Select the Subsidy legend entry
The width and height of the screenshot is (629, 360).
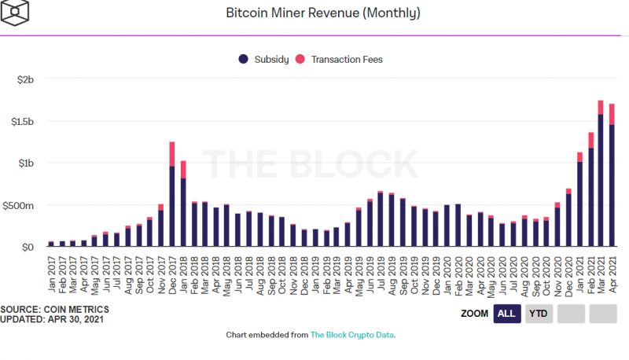267,59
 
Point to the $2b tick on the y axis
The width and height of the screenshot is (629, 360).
26,80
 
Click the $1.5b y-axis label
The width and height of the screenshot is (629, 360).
23,122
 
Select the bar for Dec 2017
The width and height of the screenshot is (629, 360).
171,197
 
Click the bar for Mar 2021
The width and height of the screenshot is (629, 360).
601,177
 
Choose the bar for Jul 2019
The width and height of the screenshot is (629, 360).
381,220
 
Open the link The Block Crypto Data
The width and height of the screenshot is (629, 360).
352,336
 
